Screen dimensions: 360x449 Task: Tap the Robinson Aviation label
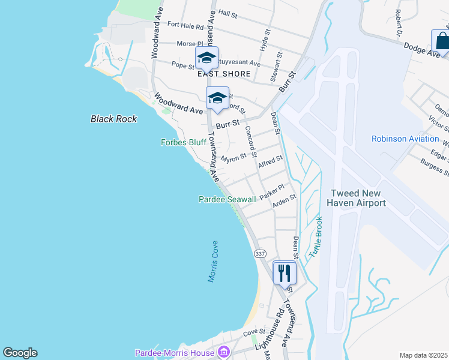click(x=405, y=139)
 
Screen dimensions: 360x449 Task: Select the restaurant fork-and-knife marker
click(x=285, y=273)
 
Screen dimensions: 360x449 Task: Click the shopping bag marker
click(x=442, y=41)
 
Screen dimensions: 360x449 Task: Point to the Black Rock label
click(x=114, y=119)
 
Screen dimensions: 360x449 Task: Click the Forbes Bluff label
click(x=184, y=143)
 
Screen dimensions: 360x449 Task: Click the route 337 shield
click(x=260, y=254)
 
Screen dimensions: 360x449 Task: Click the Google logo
click(x=20, y=353)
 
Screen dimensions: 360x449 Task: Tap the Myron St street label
click(x=234, y=158)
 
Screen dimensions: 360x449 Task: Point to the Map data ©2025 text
click(x=423, y=355)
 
